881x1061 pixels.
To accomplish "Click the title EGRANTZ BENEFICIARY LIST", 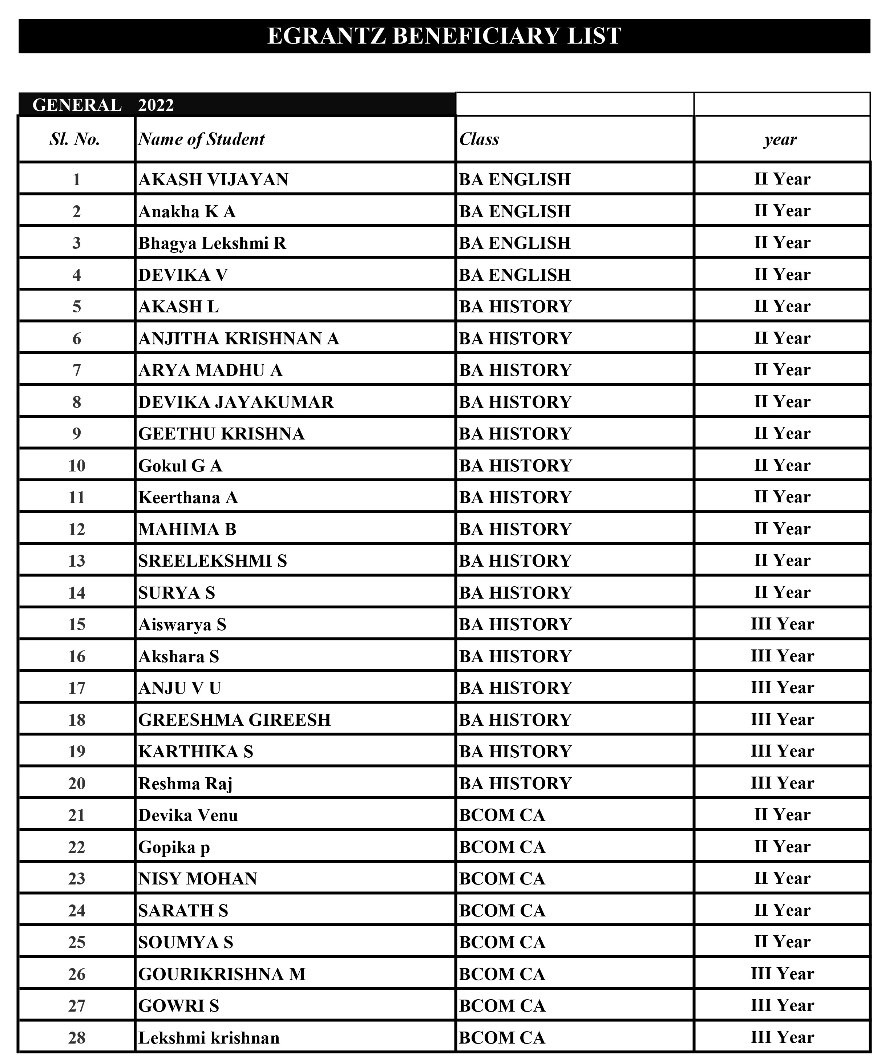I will click(x=444, y=36).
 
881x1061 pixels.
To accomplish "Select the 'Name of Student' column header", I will click(x=201, y=139).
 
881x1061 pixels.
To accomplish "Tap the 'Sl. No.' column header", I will click(x=75, y=139).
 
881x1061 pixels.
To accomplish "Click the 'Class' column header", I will click(x=479, y=139).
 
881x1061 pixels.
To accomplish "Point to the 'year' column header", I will click(x=780, y=139).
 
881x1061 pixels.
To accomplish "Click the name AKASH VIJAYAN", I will click(x=213, y=179).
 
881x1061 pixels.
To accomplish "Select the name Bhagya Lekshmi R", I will click(x=212, y=243).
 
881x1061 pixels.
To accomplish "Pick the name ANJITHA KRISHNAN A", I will click(x=239, y=339).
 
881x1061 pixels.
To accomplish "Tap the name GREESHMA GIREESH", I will click(x=235, y=720).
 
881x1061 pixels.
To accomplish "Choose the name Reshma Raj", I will click(x=186, y=783).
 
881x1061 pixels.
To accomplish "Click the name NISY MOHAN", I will click(x=198, y=879).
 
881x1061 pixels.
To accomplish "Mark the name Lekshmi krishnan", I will click(x=209, y=1038).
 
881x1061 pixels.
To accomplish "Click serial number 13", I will click(x=77, y=561).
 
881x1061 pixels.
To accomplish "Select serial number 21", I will click(x=77, y=815).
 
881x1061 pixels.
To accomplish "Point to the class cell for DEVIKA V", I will click(x=514, y=275).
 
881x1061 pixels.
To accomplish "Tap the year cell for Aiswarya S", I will click(x=782, y=624).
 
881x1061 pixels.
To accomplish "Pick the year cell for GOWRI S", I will click(x=782, y=1005).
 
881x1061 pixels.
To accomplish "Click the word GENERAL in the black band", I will click(x=77, y=105).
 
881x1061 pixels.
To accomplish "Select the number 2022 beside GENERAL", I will click(x=156, y=105).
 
